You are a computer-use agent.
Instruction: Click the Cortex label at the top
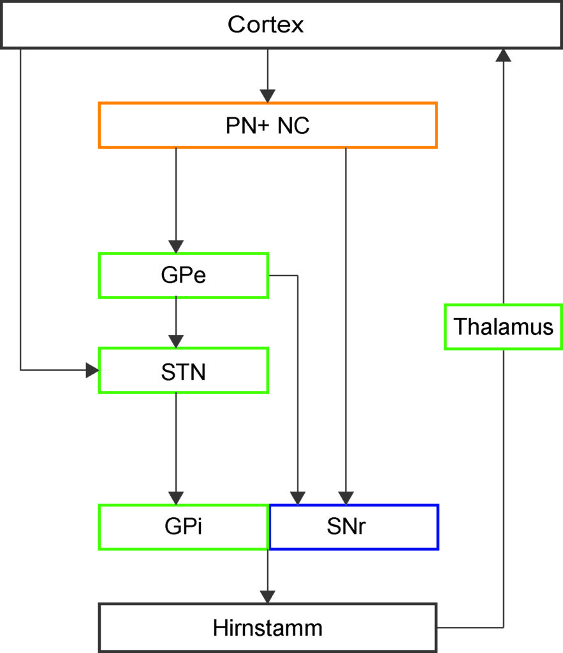coord(266,25)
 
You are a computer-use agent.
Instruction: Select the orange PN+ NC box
coord(268,126)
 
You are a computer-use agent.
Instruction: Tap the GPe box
coord(184,275)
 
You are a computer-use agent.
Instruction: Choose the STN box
coord(184,371)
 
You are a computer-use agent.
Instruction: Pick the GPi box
coord(184,527)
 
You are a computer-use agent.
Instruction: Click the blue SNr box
coord(354,527)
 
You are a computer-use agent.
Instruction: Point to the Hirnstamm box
coord(268,627)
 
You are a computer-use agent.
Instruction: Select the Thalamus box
coord(504,327)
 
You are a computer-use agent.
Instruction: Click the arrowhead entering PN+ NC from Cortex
coord(268,96)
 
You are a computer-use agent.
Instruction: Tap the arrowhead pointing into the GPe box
coord(176,247)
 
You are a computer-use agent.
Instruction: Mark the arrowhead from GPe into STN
coord(176,342)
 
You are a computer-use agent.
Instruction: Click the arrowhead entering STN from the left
coord(92,370)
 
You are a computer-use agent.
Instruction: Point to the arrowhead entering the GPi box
coord(176,498)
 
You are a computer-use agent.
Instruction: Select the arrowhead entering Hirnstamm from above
coord(268,597)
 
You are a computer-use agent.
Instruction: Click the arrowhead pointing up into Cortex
coord(504,55)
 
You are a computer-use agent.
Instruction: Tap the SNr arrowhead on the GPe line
coord(298,498)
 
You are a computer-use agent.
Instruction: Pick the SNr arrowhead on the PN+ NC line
coord(346,498)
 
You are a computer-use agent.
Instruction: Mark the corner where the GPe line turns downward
coord(298,275)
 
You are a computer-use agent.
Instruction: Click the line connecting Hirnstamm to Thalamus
coord(504,488)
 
